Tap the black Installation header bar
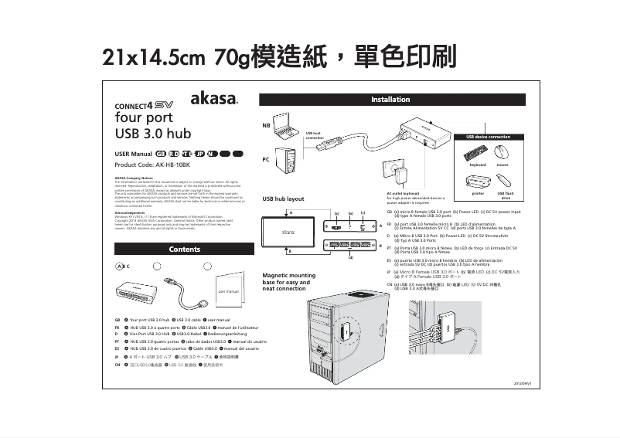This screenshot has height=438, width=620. [390, 100]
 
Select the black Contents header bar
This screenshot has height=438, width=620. [184, 249]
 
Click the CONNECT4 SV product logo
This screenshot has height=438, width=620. [144, 105]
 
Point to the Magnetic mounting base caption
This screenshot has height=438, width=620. [289, 281]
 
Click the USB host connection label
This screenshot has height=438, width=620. [314, 135]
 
